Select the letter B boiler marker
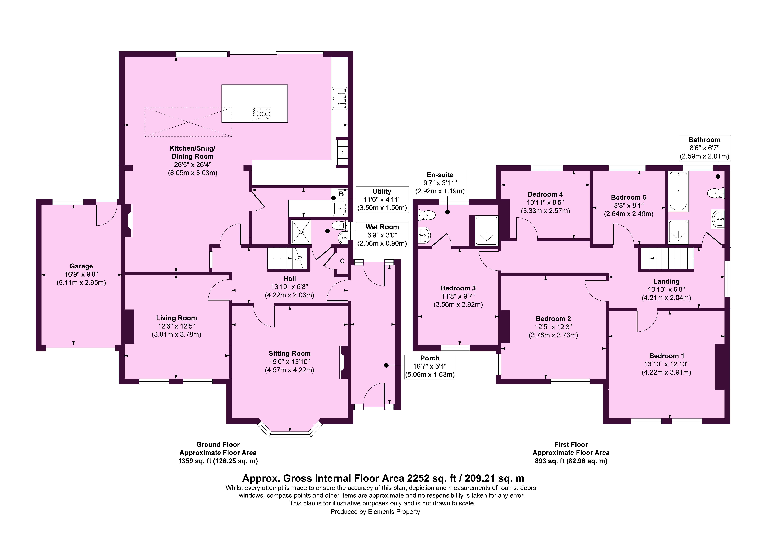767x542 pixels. tap(341, 194)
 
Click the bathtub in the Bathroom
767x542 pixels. tap(678, 191)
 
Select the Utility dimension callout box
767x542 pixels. tap(382, 199)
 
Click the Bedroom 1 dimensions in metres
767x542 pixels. tap(666, 372)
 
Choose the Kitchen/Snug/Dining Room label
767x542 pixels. tap(192, 152)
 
